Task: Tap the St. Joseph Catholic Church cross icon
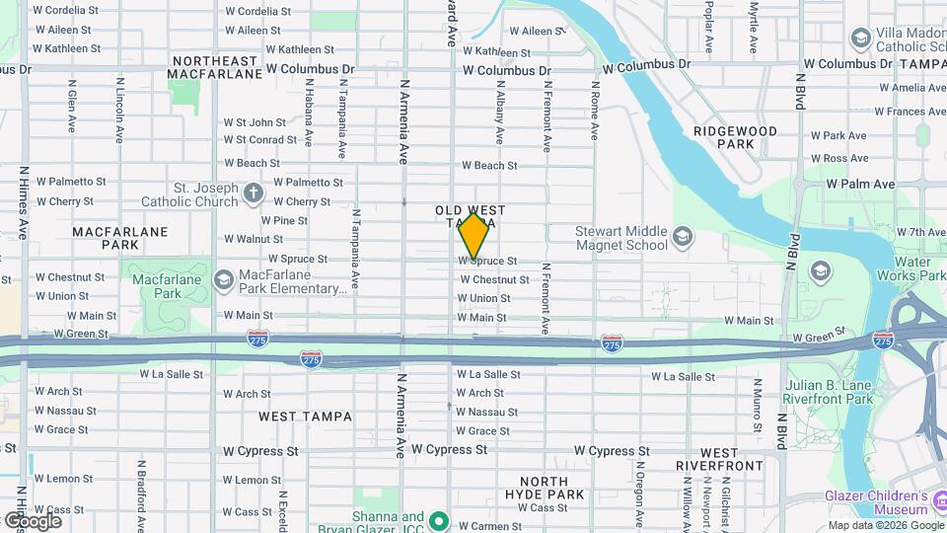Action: pyautogui.click(x=254, y=192)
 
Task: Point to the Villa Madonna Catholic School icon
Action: pyautogui.click(x=860, y=38)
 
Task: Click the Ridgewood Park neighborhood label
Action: pyautogui.click(x=735, y=137)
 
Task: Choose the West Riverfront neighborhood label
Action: pyautogui.click(x=719, y=459)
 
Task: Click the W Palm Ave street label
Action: pyautogui.click(x=860, y=184)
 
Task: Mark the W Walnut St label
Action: pyautogui.click(x=254, y=239)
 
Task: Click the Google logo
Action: pyautogui.click(x=32, y=520)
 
